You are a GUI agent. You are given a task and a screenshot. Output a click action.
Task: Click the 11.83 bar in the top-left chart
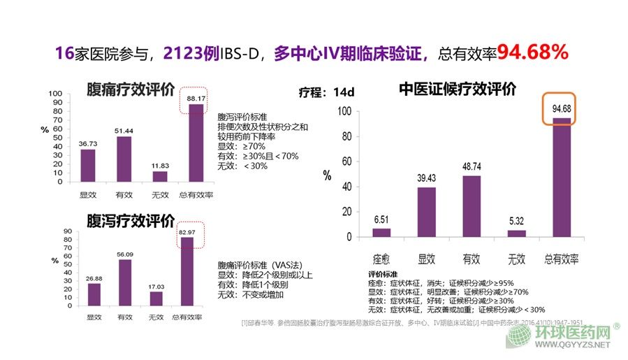[160, 176]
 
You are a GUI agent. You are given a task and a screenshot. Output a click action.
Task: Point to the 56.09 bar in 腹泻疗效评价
[124, 282]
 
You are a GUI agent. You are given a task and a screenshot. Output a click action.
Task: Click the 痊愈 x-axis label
[381, 259]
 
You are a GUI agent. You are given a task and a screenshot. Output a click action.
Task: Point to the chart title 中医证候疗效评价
[458, 89]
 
